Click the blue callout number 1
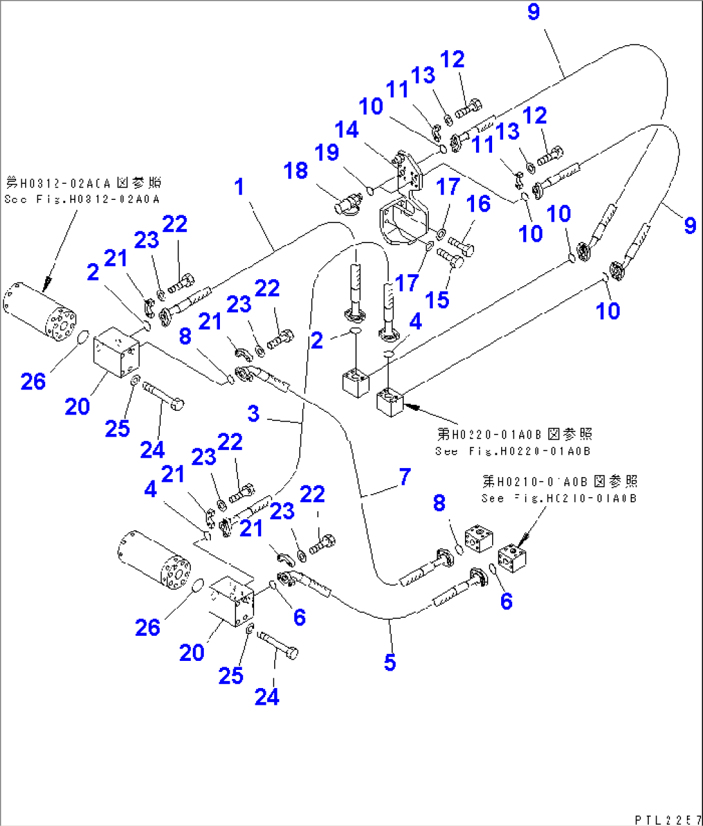pos(240,188)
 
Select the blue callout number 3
pos(253,413)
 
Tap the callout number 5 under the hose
pos(390,662)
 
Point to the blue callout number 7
pos(404,477)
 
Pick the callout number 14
pos(346,130)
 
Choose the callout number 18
pos(296,171)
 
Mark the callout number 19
pos(327,153)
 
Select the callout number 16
pos(478,204)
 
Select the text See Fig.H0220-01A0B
pos(513,451)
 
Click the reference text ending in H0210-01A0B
pos(559,498)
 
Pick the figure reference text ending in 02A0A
pos(82,200)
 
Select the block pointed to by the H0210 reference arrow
pos(512,556)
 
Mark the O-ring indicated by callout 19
pos(370,190)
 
